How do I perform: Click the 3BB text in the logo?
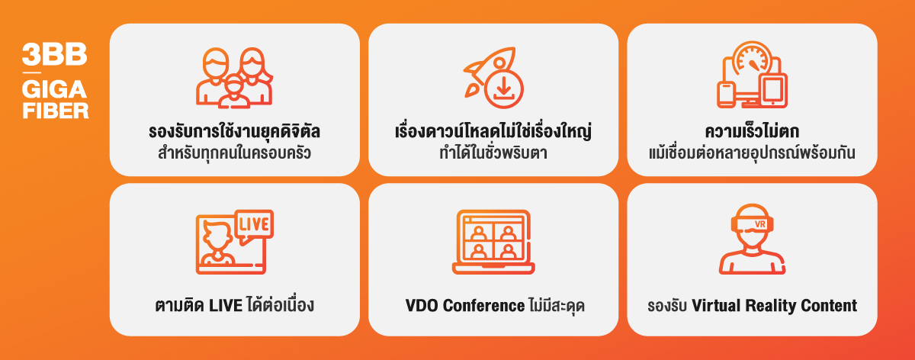(54, 54)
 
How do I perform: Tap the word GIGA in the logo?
(54, 89)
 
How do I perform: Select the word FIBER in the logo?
(56, 111)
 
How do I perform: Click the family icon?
(235, 78)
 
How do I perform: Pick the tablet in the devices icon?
(772, 91)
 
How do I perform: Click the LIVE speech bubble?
(254, 227)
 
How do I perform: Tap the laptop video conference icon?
(493, 242)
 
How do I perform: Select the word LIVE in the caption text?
(226, 306)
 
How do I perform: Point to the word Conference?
(484, 306)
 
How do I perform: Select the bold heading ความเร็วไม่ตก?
(752, 131)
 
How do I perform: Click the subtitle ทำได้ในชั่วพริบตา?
(493, 152)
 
